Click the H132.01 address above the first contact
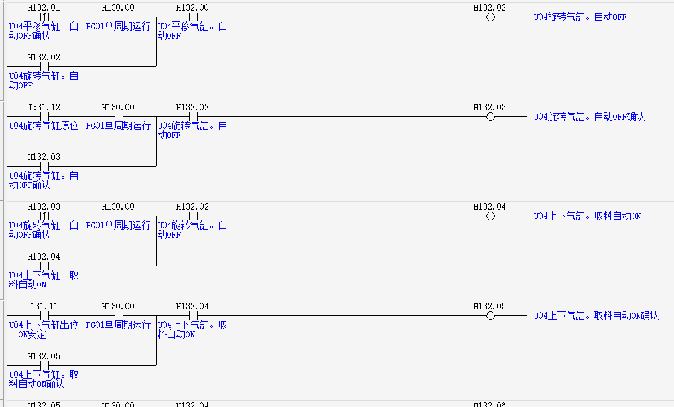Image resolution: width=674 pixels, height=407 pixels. (44, 7)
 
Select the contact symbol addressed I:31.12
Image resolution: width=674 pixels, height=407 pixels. (44, 117)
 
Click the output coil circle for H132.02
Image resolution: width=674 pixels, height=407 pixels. (490, 17)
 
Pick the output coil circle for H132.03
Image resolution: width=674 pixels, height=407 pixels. (490, 117)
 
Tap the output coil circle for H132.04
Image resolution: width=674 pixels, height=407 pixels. (490, 216)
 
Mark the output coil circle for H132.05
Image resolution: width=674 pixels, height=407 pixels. (490, 316)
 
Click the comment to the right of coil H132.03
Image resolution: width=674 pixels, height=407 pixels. (589, 117)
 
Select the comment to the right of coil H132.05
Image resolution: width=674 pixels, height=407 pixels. (596, 316)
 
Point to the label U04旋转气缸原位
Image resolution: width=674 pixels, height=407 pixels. (43, 126)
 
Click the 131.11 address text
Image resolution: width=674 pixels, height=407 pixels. (44, 306)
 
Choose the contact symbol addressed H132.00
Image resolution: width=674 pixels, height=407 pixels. (193, 17)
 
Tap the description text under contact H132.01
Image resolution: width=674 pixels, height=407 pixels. (43, 31)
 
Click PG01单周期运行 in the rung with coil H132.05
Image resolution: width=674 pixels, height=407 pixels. (118, 325)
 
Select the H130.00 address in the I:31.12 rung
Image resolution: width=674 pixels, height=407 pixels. (118, 107)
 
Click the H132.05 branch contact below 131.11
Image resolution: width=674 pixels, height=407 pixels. (44, 366)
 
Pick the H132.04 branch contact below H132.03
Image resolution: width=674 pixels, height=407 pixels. (44, 266)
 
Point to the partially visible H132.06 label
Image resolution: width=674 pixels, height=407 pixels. (490, 404)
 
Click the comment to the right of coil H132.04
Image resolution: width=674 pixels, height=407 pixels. (587, 216)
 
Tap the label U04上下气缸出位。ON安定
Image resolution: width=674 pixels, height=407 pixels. (43, 330)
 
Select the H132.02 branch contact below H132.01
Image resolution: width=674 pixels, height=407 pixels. (44, 67)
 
